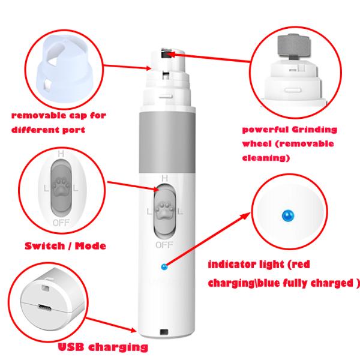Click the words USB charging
point(102,346)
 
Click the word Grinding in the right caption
point(314,130)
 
